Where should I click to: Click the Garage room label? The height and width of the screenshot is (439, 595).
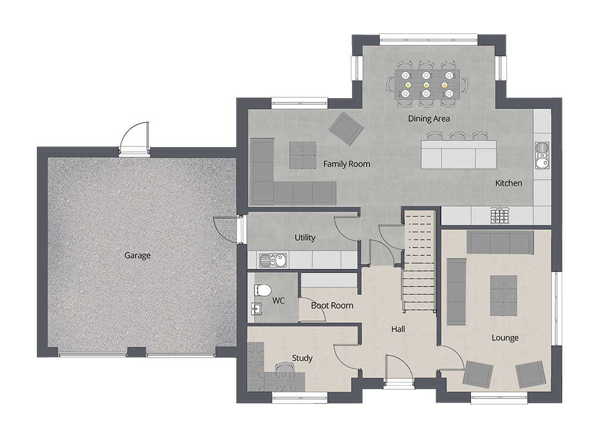tap(137, 256)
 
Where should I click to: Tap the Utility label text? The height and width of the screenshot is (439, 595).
tap(305, 238)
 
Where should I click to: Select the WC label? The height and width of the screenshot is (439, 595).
tap(278, 301)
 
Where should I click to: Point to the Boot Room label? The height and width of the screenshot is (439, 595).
tap(332, 306)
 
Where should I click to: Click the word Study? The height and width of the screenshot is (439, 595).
tap(302, 358)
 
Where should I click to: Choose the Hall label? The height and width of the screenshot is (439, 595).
tap(398, 329)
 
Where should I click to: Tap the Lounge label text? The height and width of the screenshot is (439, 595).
tap(505, 338)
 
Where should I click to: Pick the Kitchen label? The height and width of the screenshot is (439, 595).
tap(509, 183)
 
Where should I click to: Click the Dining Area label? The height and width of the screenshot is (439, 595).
tap(428, 119)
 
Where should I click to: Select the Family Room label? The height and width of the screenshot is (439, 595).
tap(346, 164)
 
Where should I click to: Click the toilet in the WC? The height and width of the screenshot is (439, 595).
tap(262, 289)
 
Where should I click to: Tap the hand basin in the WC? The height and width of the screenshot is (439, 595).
tap(256, 309)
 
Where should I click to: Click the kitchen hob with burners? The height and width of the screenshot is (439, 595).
tap(499, 214)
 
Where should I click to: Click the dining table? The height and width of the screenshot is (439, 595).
tap(426, 84)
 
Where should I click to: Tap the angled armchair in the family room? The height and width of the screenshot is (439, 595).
tap(346, 127)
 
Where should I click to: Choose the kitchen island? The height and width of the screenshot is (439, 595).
tap(458, 154)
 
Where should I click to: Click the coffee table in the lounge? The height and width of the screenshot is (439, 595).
tap(503, 296)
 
